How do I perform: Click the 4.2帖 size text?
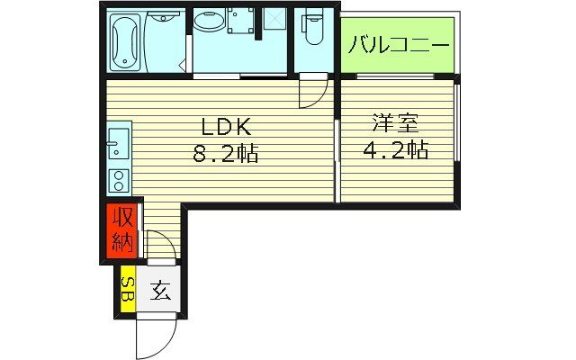click(x=396, y=149)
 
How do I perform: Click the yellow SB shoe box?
click(x=128, y=289)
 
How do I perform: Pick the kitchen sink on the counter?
click(x=118, y=141)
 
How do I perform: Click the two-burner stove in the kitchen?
click(x=118, y=177)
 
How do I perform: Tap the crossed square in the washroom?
click(x=272, y=19)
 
